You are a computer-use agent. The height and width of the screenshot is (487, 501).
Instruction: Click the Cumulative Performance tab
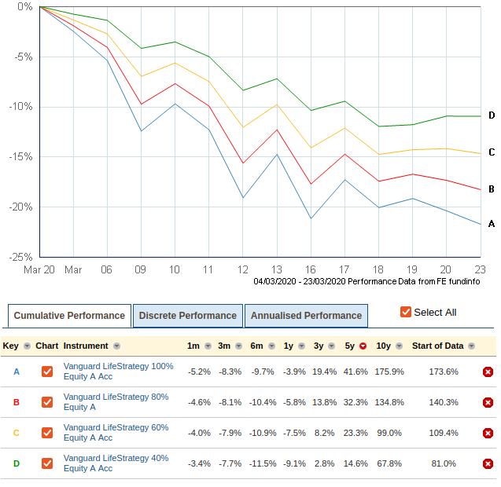(69, 316)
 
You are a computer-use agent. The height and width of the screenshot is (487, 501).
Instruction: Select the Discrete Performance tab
(187, 316)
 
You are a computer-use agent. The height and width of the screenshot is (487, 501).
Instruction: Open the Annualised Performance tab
(305, 316)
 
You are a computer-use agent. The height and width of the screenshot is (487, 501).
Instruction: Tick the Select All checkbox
(406, 312)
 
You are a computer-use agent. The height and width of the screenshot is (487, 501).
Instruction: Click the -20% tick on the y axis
(21, 207)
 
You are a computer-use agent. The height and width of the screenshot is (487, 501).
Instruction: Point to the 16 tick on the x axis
(311, 269)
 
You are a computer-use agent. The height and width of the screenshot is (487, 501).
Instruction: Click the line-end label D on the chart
(491, 115)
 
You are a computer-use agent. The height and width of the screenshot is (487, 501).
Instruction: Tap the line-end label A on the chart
(491, 224)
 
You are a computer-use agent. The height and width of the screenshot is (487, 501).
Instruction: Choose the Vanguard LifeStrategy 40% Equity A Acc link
(115, 463)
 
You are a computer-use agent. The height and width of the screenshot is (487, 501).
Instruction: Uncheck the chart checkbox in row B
(47, 402)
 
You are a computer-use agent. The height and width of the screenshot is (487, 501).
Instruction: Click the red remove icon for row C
(488, 433)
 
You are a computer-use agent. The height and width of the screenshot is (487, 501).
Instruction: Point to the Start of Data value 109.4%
(444, 433)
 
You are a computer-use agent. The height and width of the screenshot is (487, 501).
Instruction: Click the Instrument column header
(87, 346)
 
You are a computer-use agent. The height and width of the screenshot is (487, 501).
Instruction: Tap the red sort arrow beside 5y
(363, 346)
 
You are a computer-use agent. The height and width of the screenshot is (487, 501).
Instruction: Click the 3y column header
(318, 346)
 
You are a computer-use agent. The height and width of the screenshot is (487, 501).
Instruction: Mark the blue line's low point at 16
(311, 218)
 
